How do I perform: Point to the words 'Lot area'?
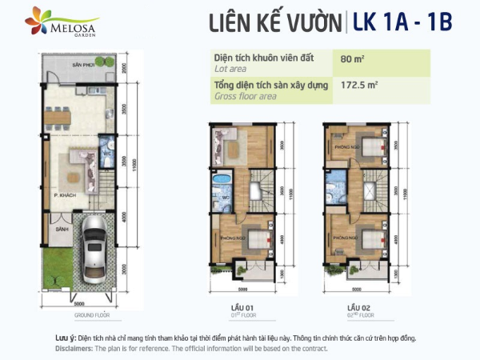pos(231,70)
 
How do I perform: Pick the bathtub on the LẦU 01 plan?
pos(222,178)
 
